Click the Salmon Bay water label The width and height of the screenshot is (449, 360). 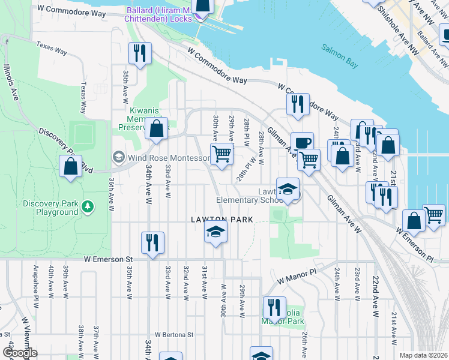[x=339, y=53]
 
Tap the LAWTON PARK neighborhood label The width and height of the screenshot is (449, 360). [x=222, y=220]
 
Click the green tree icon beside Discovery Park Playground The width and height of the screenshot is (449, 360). [x=89, y=206]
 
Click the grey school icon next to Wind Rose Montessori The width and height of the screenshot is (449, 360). [x=118, y=158]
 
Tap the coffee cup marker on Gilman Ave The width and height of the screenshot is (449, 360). [x=302, y=143]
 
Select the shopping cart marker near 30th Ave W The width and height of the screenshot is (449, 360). [x=222, y=154]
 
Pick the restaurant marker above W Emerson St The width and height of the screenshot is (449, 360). [x=152, y=243]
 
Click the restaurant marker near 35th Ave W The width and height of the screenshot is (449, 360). [x=139, y=53]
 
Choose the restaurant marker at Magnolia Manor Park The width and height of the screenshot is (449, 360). [x=274, y=307]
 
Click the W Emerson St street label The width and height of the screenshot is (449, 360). [x=108, y=259]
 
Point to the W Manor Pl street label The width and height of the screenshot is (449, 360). [x=296, y=276]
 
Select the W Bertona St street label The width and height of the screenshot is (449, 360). [x=174, y=334]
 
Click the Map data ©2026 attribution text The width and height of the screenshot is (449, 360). [x=423, y=355]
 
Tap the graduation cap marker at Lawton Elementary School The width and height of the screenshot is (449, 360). [x=288, y=188]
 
